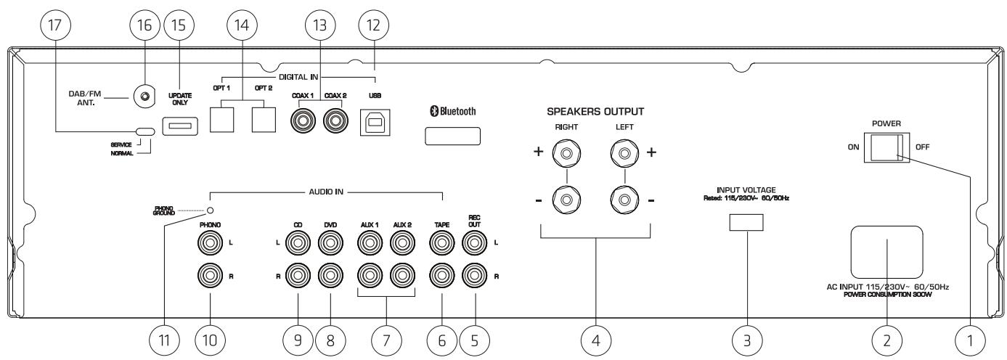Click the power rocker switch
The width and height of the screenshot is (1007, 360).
pyautogui.click(x=886, y=147)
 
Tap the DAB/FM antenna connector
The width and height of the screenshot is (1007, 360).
pyautogui.click(x=144, y=97)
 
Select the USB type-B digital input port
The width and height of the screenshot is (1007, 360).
pyautogui.click(x=375, y=122)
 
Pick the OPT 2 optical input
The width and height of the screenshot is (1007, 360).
pyautogui.click(x=264, y=120)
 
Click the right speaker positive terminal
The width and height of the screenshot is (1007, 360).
pyautogui.click(x=567, y=153)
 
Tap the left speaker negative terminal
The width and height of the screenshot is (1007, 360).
pyautogui.click(x=625, y=200)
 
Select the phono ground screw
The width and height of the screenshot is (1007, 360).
pyautogui.click(x=210, y=210)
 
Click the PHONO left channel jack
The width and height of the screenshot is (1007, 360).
pyautogui.click(x=210, y=242)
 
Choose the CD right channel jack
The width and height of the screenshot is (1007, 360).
pyautogui.click(x=298, y=276)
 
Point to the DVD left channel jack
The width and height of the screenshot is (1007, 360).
pyautogui.click(x=330, y=242)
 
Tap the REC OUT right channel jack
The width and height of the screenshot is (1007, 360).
pyautogui.click(x=475, y=276)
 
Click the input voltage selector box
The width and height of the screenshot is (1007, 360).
pyautogui.click(x=746, y=223)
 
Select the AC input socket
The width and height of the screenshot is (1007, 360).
pyautogui.click(x=887, y=252)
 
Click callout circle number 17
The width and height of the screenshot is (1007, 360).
pyautogui.click(x=55, y=25)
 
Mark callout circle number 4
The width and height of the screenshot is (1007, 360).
pyautogui.click(x=595, y=340)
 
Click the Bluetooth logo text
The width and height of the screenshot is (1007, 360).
pyautogui.click(x=454, y=111)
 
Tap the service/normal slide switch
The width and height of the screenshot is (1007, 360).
pyautogui.click(x=145, y=131)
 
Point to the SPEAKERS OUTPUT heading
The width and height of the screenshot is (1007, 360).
pyautogui.click(x=595, y=112)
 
